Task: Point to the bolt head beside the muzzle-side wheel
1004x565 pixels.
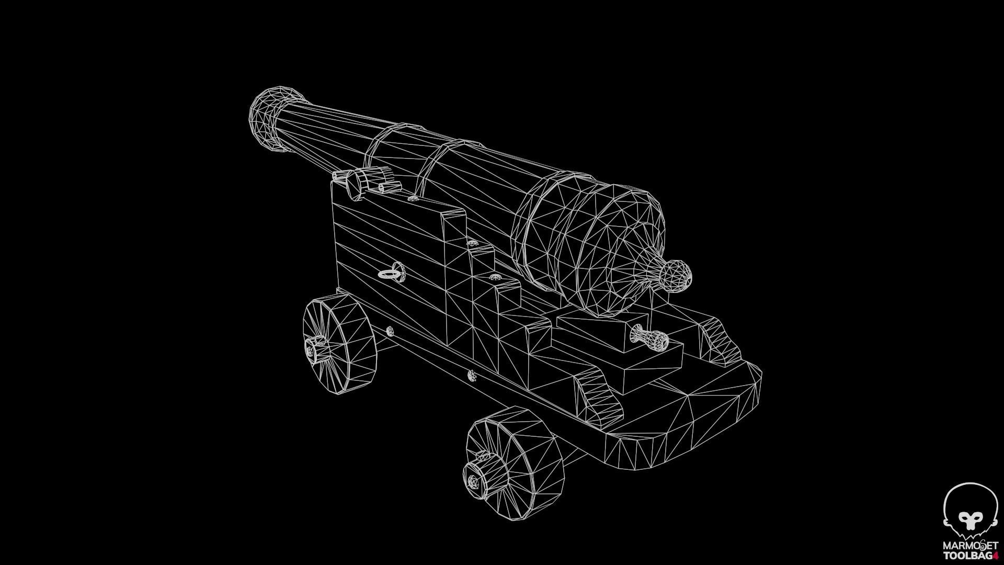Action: [x=389, y=330]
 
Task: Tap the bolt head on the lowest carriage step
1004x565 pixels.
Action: [x=472, y=375]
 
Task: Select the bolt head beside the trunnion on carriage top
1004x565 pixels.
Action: [x=413, y=198]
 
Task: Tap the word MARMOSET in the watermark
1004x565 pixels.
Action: [x=970, y=546]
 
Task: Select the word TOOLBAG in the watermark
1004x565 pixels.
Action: [x=967, y=556]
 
